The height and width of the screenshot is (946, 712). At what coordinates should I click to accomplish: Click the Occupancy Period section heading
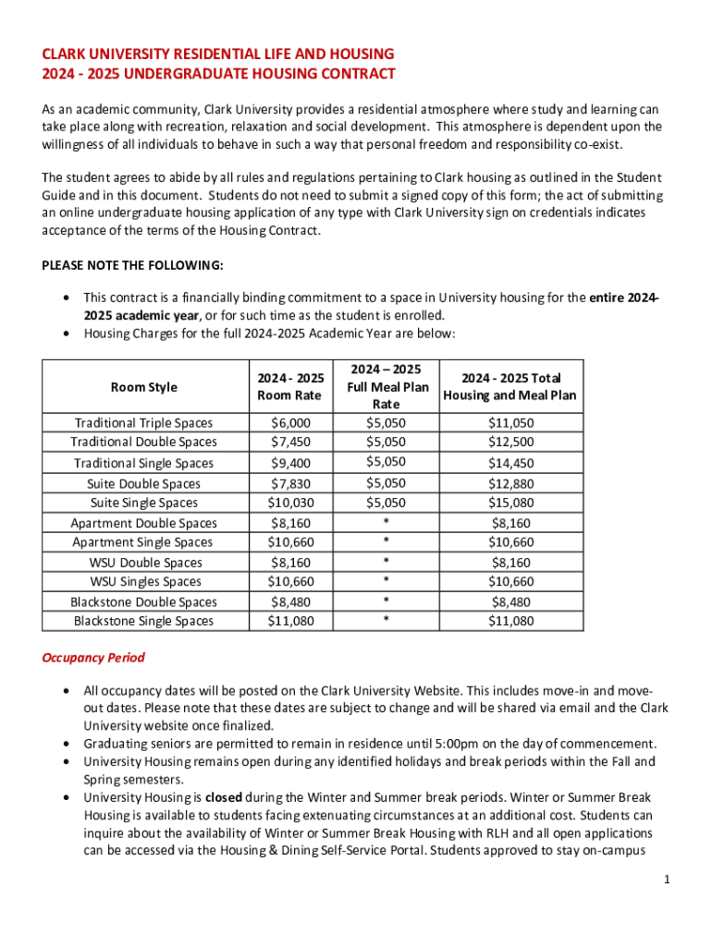point(93,659)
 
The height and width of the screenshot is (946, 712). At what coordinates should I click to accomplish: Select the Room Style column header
point(143,387)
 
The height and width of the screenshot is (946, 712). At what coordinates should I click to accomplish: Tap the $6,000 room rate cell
point(290,422)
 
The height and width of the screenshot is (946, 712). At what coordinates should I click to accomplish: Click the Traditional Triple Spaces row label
point(143,422)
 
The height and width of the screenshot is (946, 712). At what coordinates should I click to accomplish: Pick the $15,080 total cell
point(510,503)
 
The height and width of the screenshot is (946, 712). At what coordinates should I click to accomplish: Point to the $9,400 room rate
point(290,463)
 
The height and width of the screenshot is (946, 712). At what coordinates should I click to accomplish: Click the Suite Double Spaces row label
point(143,483)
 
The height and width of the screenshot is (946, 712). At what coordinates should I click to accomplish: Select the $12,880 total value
point(510,483)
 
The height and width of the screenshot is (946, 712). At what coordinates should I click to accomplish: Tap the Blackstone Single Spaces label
point(143,621)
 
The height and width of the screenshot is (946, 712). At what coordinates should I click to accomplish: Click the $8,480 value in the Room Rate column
point(290,601)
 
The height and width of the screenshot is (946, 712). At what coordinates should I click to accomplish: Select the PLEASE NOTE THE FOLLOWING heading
point(132,265)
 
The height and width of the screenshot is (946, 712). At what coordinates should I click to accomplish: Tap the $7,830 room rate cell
point(290,483)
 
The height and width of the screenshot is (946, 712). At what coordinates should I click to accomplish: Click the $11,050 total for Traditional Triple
point(510,422)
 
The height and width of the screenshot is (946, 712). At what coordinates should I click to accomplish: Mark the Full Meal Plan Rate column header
point(386,387)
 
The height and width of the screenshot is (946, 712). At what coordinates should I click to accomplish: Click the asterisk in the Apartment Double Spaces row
point(386,523)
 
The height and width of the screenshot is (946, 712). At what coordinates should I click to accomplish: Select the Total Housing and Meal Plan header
point(510,387)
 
